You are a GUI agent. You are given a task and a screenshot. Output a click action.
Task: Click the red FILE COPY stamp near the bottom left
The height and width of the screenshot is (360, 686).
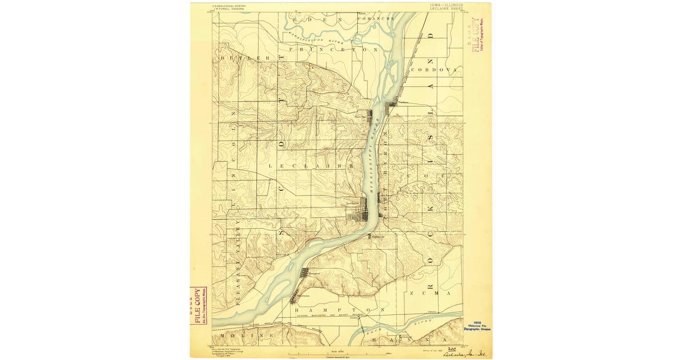pos(198,305)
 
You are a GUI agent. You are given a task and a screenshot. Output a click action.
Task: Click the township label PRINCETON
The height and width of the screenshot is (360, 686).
pos(334,50)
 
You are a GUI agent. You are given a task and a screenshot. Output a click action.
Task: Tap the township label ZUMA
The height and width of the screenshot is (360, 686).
pos(426,293)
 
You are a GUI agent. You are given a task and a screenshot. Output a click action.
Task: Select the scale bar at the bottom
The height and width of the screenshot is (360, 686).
pos(340,355)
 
